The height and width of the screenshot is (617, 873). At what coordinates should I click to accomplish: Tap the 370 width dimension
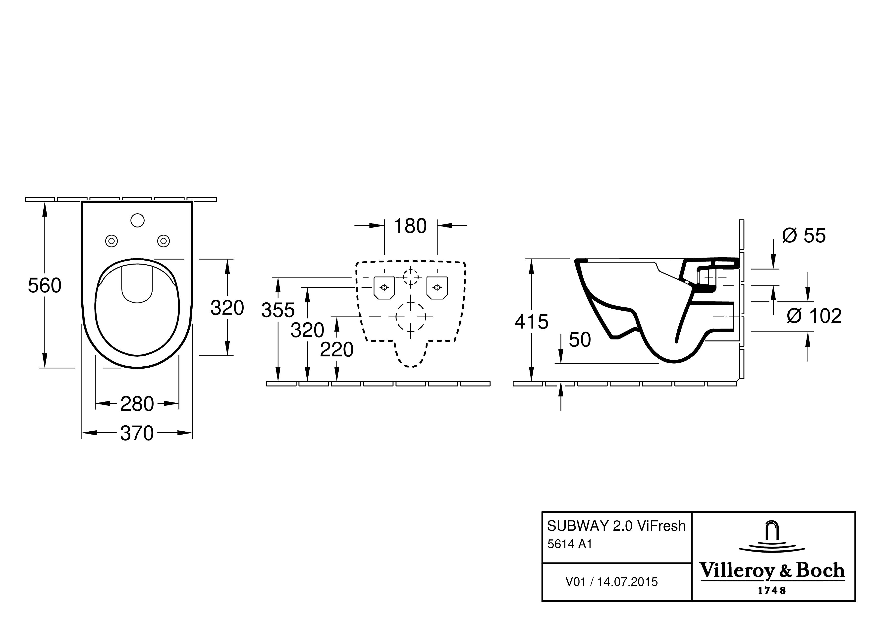click(x=137, y=433)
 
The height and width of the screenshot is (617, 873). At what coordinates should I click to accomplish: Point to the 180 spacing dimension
click(x=410, y=226)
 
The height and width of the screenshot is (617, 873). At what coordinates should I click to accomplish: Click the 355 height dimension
click(x=278, y=310)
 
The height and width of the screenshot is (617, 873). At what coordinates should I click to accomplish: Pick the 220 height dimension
click(x=336, y=350)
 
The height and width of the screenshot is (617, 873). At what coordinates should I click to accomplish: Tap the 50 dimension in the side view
click(x=580, y=340)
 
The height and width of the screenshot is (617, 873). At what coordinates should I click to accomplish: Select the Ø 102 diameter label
click(x=814, y=316)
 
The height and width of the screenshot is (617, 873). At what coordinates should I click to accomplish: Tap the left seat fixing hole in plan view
click(x=111, y=241)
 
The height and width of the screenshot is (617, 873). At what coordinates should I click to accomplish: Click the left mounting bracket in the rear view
click(x=384, y=287)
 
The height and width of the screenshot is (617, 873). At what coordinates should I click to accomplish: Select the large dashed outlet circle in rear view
click(x=410, y=316)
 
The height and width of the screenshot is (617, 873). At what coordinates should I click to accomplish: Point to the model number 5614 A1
click(x=570, y=544)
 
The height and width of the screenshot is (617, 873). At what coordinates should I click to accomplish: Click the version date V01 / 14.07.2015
click(x=611, y=582)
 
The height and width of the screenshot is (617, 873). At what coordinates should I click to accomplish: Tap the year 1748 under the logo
click(x=772, y=590)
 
